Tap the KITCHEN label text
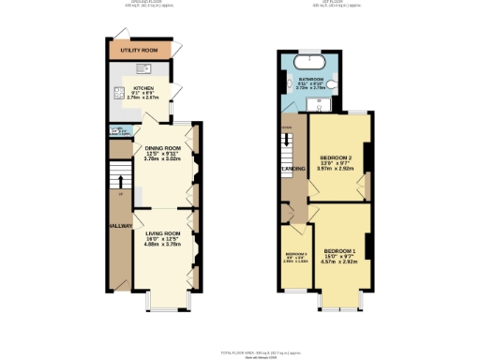pyautogui.click(x=142, y=88)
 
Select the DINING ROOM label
pyautogui.click(x=162, y=147)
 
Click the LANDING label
pyautogui.click(x=292, y=170)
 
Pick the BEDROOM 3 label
pyautogui.click(x=295, y=254)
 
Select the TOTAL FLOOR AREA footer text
pyautogui.click(x=249, y=351)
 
